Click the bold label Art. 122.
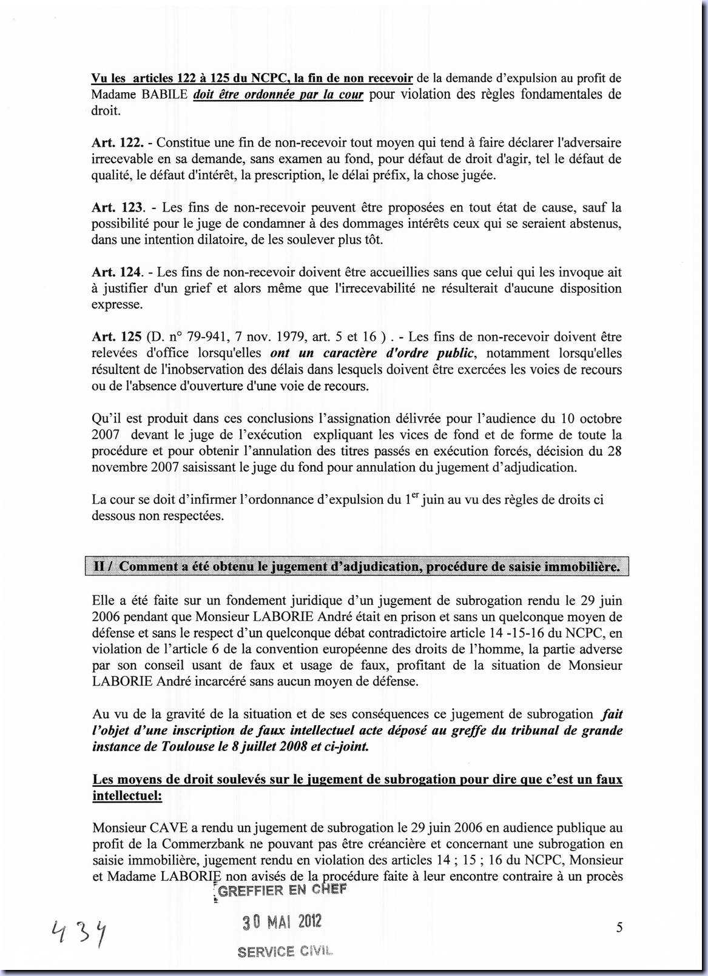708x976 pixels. click(x=118, y=143)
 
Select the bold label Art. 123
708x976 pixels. click(x=118, y=208)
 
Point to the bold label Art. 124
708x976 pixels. click(x=118, y=273)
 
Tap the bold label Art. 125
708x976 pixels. click(x=116, y=337)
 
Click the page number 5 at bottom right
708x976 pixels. click(x=619, y=927)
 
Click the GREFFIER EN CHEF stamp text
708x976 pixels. click(x=282, y=890)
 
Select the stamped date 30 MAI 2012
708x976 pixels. click(x=282, y=922)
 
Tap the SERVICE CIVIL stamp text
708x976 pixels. click(x=285, y=951)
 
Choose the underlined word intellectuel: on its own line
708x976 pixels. click(x=127, y=795)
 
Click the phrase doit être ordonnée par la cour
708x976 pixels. click(x=278, y=95)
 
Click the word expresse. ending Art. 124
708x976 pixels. click(x=117, y=305)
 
